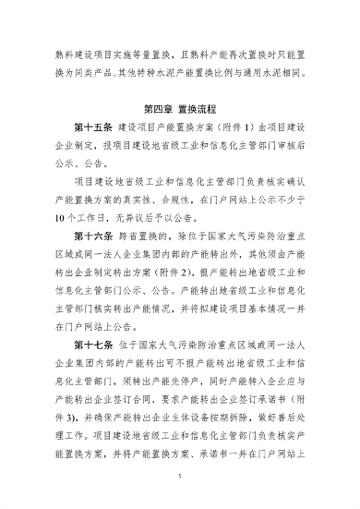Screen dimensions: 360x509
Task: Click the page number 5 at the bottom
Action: click(180, 481)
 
